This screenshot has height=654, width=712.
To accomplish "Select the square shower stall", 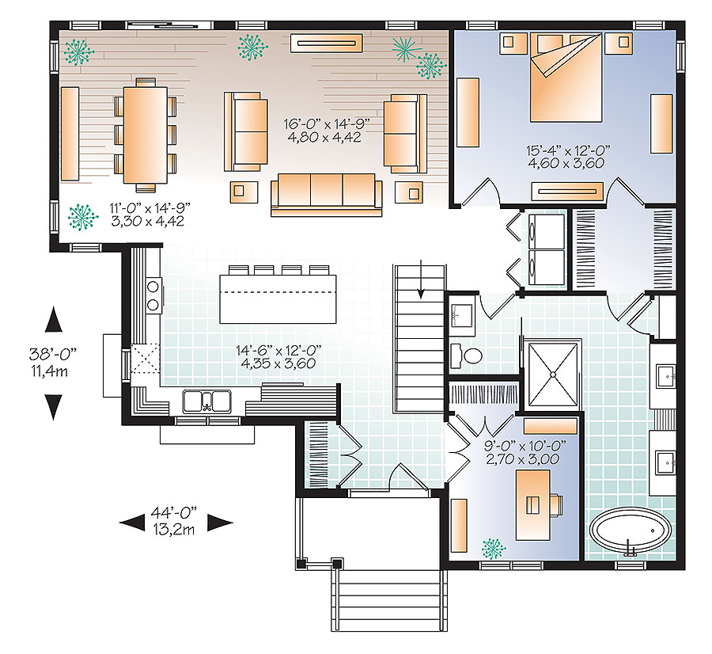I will [x=551, y=374].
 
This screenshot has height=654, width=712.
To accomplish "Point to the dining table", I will [x=146, y=135].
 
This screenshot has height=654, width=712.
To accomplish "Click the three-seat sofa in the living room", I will [x=326, y=195].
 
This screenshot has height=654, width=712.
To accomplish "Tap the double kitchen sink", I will [x=207, y=401].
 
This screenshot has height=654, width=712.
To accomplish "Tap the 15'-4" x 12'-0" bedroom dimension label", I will [x=562, y=155].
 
